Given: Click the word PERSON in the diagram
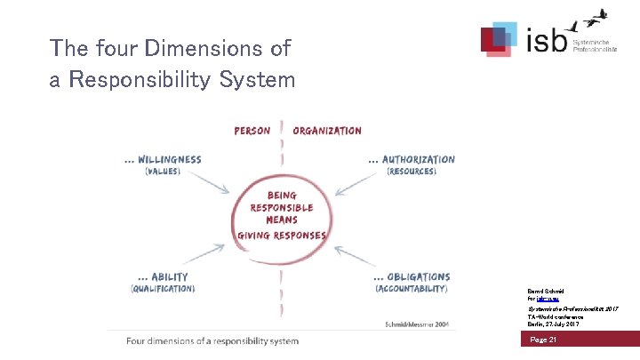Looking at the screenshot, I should click(252, 131).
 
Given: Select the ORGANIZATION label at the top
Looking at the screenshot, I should click(327, 131).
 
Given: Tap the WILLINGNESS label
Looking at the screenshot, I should click(164, 160).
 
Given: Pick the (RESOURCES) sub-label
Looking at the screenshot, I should click(412, 172).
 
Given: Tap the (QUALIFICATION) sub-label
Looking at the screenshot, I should click(163, 289).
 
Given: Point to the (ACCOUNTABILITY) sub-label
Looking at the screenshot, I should click(411, 289).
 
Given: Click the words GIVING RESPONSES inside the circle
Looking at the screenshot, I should click(281, 236).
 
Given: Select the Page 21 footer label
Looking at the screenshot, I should click(543, 340).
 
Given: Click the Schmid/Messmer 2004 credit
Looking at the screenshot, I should click(417, 325).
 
